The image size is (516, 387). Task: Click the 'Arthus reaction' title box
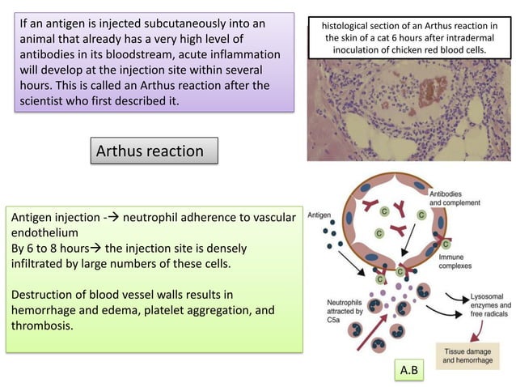[152, 151]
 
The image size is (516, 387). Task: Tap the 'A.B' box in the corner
[410, 371]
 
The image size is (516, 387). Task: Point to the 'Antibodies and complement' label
[458, 199]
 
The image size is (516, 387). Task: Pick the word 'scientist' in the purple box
[44, 102]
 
